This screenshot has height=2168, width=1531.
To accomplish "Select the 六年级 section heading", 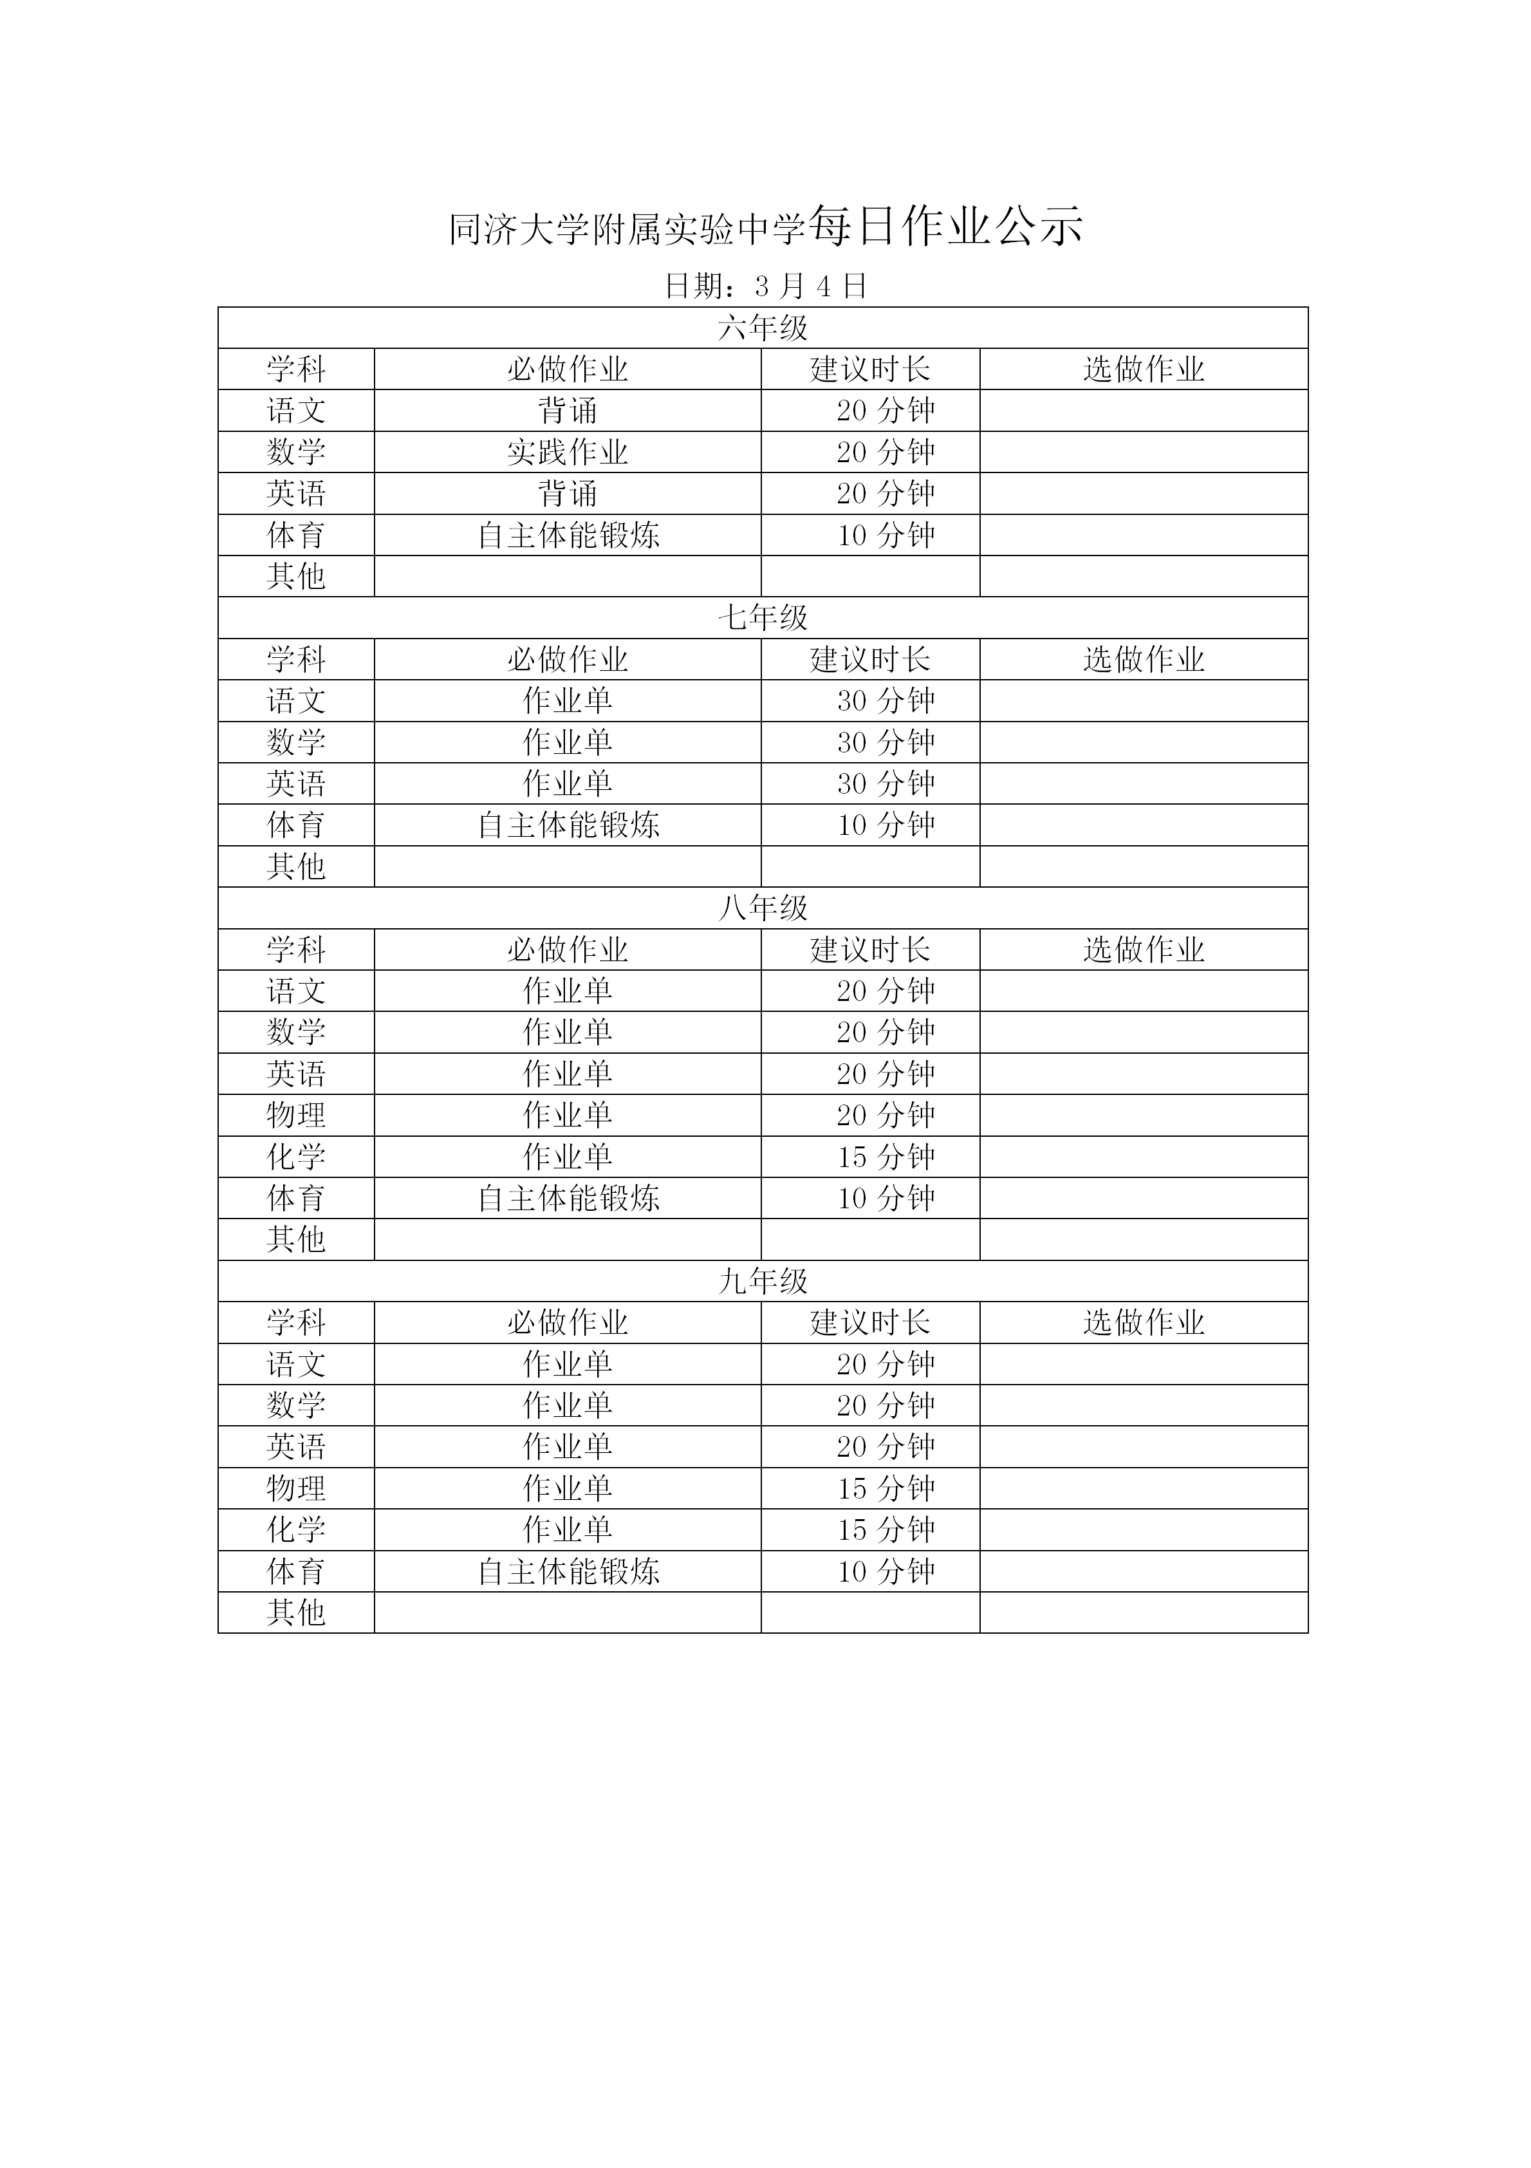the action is [x=763, y=328].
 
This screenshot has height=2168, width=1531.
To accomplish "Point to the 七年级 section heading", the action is [x=763, y=617].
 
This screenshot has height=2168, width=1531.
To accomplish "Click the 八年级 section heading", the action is [x=763, y=908].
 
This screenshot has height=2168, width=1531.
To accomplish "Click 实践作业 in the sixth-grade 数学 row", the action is [x=567, y=453].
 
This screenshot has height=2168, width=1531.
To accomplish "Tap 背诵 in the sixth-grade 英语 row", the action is [x=567, y=494].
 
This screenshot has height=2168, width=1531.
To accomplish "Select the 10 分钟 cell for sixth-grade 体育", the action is [x=886, y=536].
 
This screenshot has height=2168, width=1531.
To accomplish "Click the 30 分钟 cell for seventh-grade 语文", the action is [x=886, y=700].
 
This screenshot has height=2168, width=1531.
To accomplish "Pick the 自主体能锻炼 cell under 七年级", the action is [x=567, y=825].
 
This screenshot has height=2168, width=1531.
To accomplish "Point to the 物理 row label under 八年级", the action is [x=295, y=1115].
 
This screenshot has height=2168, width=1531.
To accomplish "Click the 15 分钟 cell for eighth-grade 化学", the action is [x=886, y=1157].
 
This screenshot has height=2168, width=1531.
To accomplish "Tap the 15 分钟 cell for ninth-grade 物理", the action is [x=886, y=1488].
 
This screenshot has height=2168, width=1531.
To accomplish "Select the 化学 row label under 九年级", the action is [x=295, y=1529].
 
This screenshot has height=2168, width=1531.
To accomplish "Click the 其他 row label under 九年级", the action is [x=295, y=1612].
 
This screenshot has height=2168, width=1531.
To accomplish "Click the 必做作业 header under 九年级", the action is [x=567, y=1322].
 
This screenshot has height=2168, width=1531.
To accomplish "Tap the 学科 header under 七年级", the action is [x=295, y=659].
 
